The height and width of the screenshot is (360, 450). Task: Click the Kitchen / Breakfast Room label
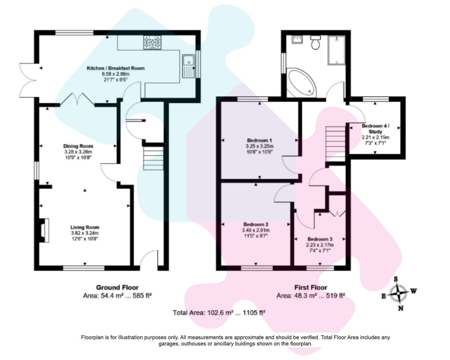[116, 68]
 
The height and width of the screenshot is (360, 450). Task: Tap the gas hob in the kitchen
[153, 42]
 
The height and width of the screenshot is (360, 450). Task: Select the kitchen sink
[188, 66]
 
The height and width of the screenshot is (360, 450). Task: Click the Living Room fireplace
[44, 230]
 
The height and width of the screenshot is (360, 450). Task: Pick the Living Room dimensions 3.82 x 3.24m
[85, 233]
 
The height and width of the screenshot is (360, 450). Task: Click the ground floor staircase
[153, 158]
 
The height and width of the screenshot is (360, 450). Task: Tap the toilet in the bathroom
[316, 42]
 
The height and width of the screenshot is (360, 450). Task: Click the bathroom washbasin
[297, 40]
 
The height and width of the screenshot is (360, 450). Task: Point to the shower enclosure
[336, 50]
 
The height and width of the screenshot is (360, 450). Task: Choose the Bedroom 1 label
[260, 141]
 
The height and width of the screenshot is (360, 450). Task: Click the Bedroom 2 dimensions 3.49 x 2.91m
[256, 230]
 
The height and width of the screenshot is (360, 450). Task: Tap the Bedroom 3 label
[320, 239]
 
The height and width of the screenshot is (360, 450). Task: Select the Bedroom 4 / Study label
[375, 129]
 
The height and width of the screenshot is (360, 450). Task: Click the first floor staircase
[336, 144]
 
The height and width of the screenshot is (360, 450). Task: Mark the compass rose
[399, 293]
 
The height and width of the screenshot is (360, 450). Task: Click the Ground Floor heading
[117, 288]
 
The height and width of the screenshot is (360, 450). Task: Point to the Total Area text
[219, 313]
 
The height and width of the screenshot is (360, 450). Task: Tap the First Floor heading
[310, 288]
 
